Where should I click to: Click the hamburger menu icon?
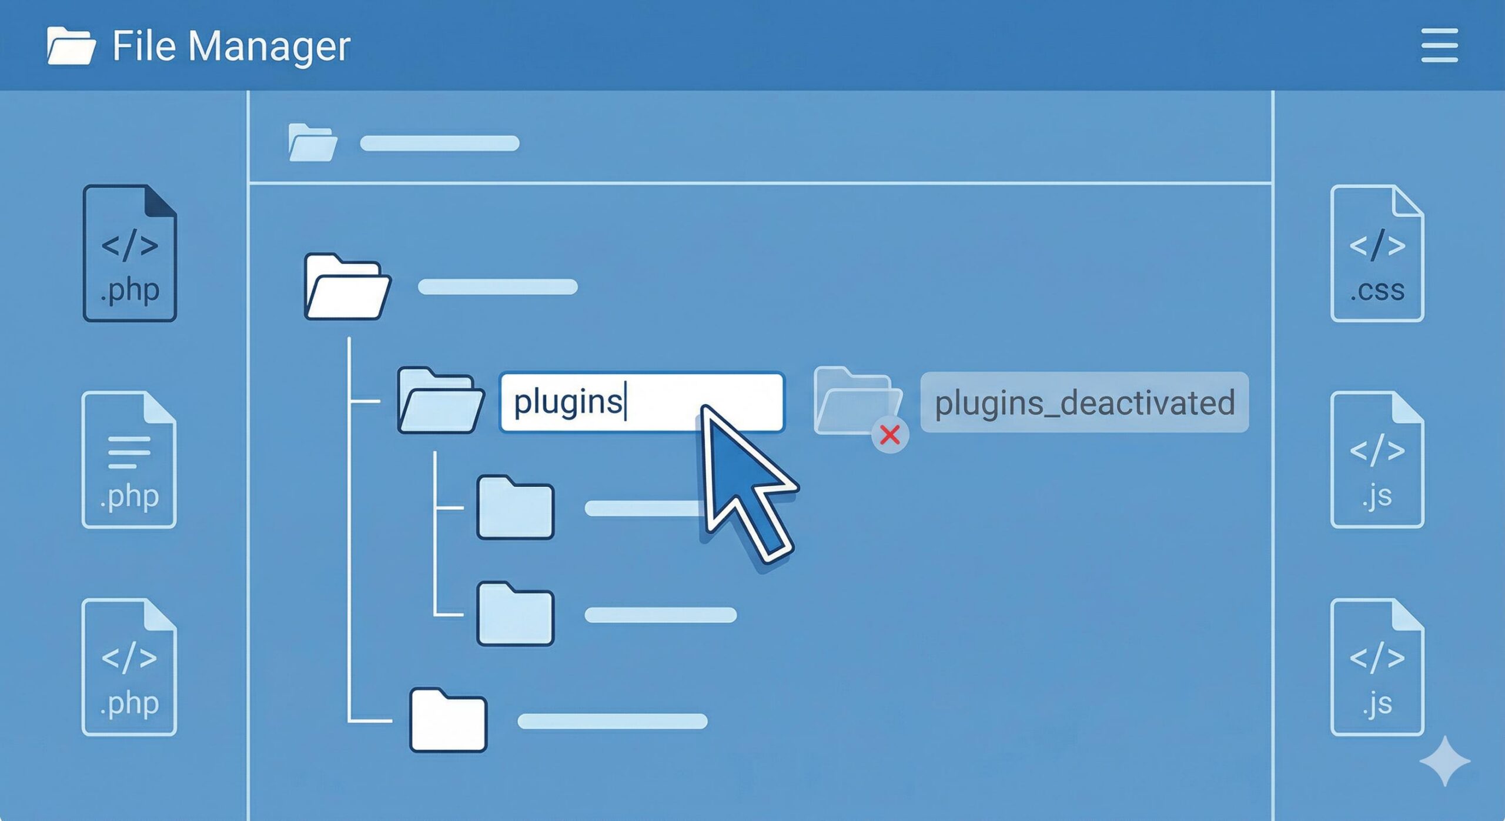click(1439, 45)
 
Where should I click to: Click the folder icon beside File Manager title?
click(71, 45)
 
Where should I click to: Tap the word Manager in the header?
click(269, 46)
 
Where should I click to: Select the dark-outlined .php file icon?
click(130, 253)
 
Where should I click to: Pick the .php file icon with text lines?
click(129, 460)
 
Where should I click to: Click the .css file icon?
click(1377, 253)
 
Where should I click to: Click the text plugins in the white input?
click(567, 402)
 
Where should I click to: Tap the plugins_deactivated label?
click(1084, 403)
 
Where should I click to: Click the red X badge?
click(890, 435)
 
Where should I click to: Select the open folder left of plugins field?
click(440, 401)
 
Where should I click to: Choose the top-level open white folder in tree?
click(347, 287)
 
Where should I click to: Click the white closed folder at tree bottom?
click(448, 720)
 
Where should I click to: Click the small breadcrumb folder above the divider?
click(312, 142)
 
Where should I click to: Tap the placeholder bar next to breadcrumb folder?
click(439, 143)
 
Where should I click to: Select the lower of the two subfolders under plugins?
click(515, 615)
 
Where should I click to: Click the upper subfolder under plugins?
click(515, 508)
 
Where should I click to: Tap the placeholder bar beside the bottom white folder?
click(612, 721)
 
